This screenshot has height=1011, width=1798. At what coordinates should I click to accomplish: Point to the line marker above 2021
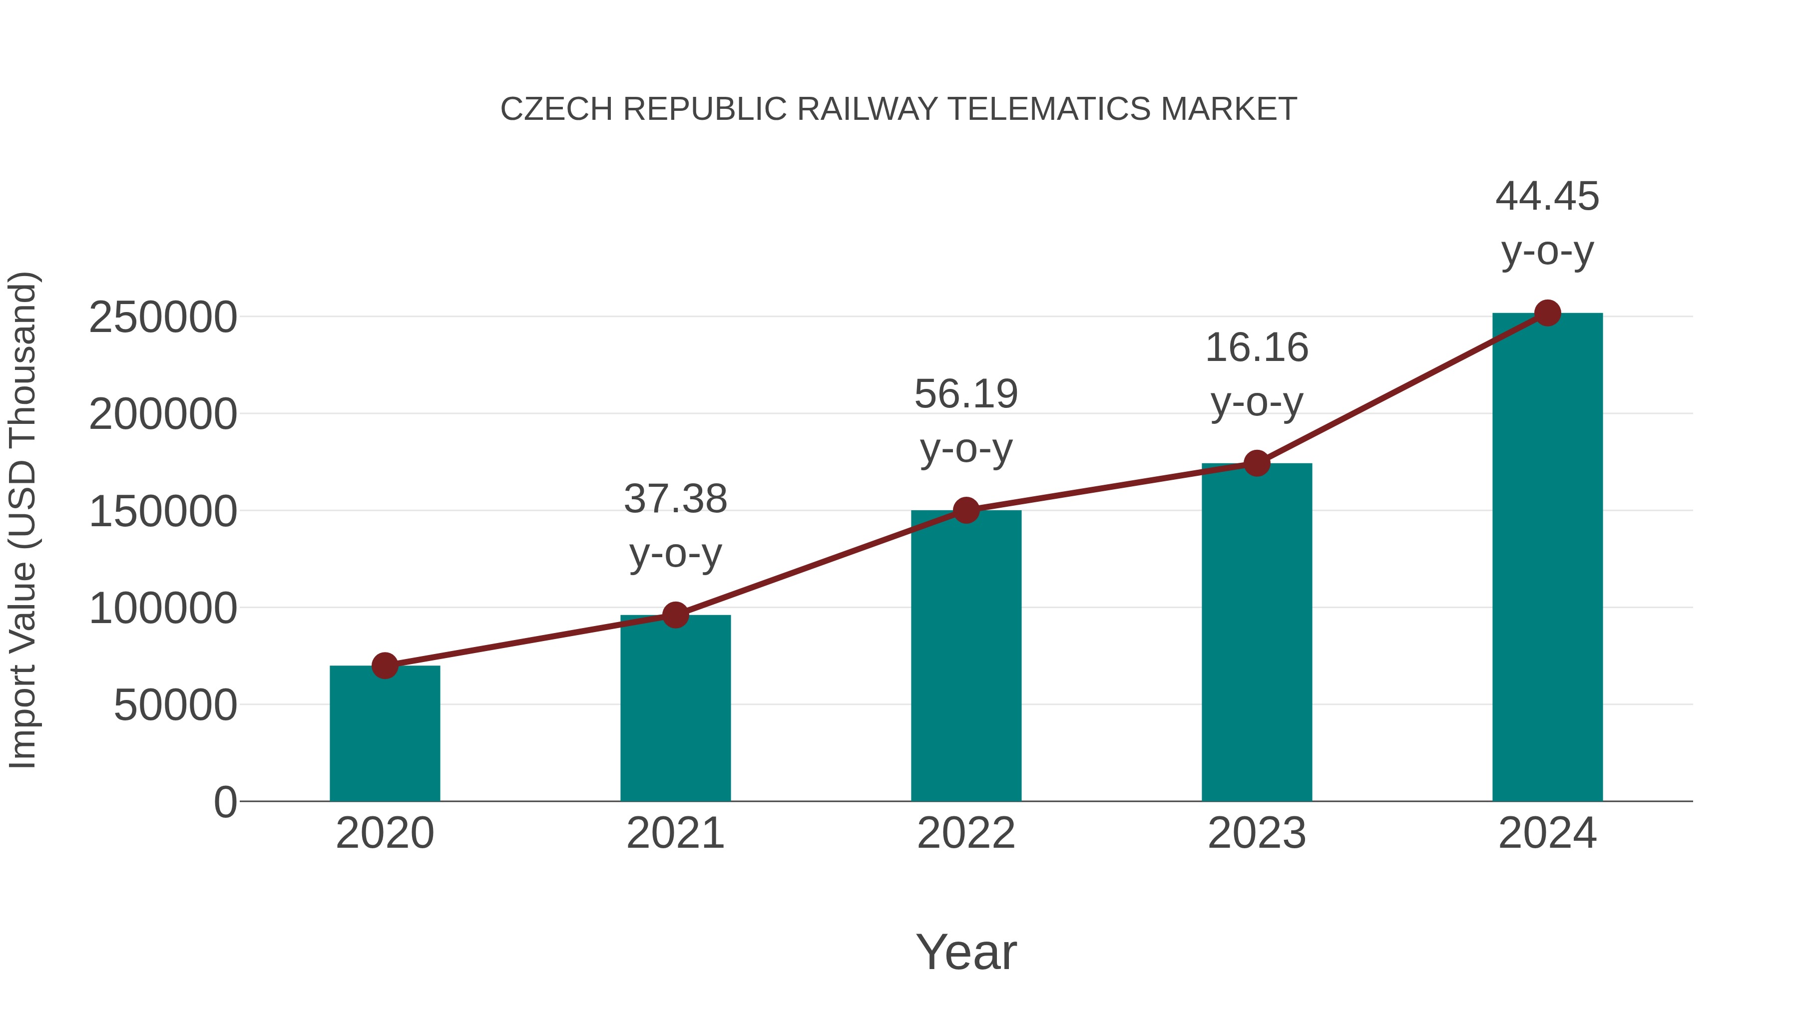click(676, 616)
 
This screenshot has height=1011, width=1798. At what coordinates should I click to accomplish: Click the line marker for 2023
click(1257, 463)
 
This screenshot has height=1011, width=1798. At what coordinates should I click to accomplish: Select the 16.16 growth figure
click(1257, 347)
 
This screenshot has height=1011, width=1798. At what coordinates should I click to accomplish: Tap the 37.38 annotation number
click(676, 500)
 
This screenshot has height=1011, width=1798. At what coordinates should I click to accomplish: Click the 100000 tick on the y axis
click(163, 609)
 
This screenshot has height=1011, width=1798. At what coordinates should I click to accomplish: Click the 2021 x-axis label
click(676, 833)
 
